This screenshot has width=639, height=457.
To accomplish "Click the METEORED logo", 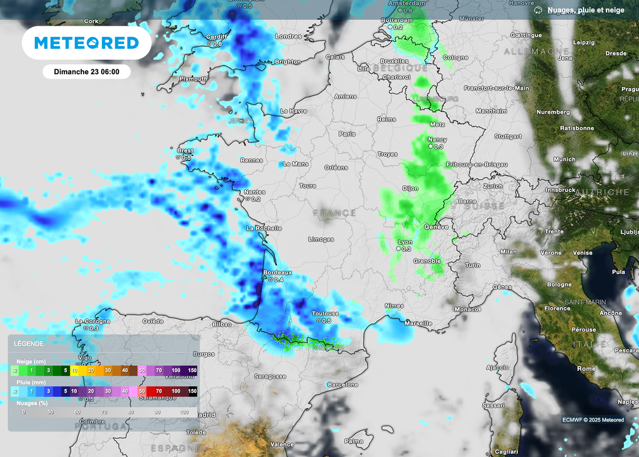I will coord(86,42).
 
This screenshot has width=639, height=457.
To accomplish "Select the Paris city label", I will coord(347,134).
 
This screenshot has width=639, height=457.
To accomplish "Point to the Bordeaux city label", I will coord(278,273).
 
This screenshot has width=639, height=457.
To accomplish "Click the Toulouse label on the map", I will coord(325,313).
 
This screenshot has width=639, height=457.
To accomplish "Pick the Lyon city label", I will coord(405,242).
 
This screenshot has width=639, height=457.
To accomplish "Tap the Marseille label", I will coord(418,323).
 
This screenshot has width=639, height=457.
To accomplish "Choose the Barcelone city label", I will coord(343,385).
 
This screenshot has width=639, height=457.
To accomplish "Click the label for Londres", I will coord(288,36).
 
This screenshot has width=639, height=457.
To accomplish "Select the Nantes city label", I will coord(255,192).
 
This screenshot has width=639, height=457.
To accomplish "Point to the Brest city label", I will coord(185,150).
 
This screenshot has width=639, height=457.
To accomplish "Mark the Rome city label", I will coord(586,368).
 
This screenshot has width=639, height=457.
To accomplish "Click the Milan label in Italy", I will coord(509,252).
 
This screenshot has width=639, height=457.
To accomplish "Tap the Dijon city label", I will coord(410,188).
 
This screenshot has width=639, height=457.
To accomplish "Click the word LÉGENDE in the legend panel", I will coord(29,343).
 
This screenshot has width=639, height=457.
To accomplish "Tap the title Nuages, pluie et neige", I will coord(585,10).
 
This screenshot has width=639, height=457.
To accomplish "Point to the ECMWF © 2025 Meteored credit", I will coord(592,420).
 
